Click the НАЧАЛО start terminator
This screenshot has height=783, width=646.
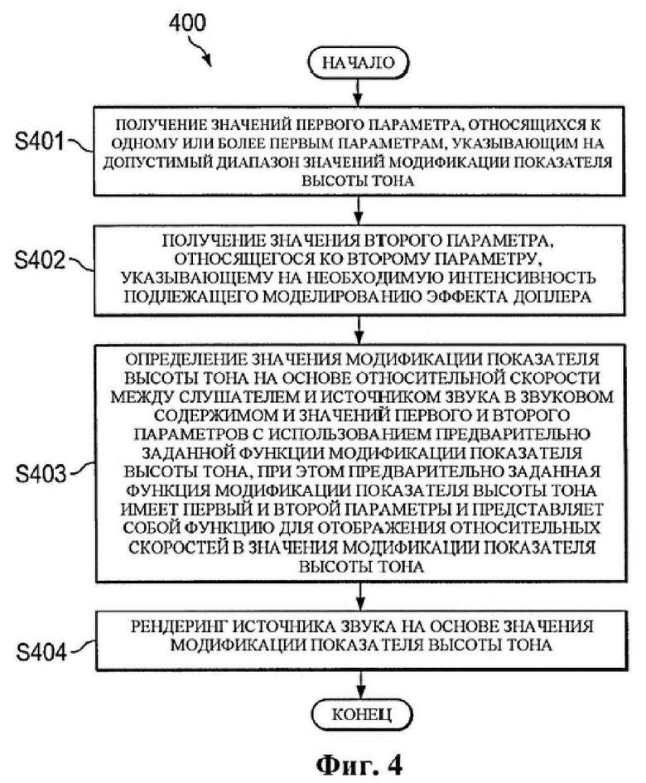tap(359, 62)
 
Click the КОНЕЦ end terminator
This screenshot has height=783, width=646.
tap(362, 714)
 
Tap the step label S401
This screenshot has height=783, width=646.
tap(40, 142)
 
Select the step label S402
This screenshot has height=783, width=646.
tap(40, 260)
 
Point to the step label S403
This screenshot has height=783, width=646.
tap(41, 473)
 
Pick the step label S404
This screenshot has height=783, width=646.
tap(41, 651)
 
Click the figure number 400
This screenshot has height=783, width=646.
tap(187, 23)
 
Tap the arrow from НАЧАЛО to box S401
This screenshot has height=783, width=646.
tap(358, 92)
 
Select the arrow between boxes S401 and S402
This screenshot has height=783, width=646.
tap(358, 210)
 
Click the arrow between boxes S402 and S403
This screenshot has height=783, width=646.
tap(359, 330)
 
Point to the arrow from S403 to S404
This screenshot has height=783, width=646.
tap(359, 597)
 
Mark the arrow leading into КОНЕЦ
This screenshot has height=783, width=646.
tap(360, 684)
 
